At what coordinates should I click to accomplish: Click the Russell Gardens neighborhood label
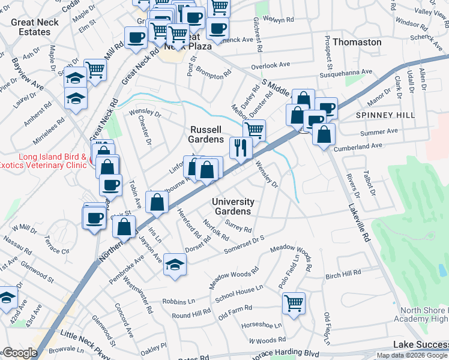206,134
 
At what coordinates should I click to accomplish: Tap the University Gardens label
233,206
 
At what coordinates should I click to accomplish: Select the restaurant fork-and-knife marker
241,146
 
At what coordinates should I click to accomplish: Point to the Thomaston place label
357,42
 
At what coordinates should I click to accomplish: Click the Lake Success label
420,344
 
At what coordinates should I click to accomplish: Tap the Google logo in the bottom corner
19,352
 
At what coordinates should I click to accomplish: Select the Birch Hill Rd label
343,274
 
